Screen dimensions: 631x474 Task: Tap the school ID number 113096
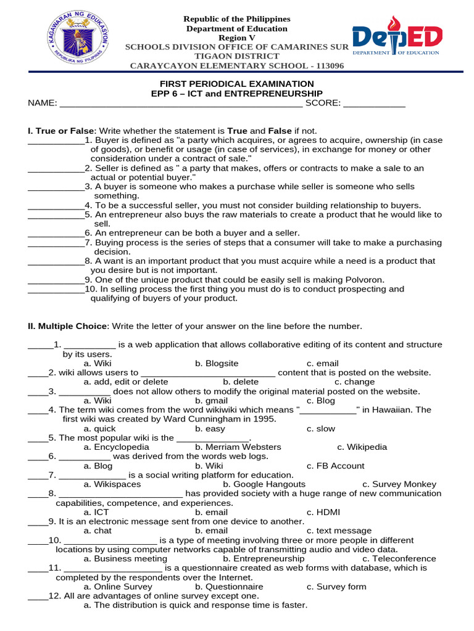[x=325, y=66]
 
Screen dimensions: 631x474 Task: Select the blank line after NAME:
[x=180, y=104]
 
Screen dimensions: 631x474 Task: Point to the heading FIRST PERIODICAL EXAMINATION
[x=237, y=84]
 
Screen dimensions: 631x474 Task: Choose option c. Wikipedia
[x=362, y=447]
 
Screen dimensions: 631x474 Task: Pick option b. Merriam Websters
[x=238, y=447]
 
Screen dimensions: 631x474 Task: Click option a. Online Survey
[x=118, y=587]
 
